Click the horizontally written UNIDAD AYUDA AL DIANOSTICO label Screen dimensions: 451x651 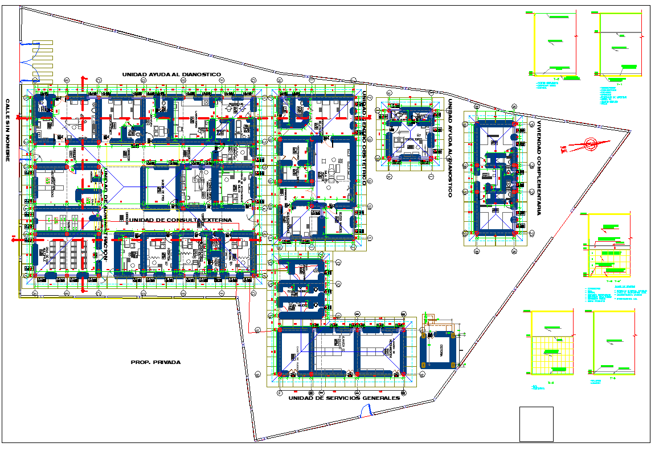(x=171, y=74)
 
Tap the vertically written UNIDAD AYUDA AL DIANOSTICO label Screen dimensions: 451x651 (x=449, y=148)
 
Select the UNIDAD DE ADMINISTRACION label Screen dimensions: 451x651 (x=105, y=216)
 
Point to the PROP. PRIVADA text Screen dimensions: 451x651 (x=155, y=362)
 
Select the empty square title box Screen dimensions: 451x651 (x=536, y=424)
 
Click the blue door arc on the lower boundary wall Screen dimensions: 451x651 (x=367, y=409)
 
